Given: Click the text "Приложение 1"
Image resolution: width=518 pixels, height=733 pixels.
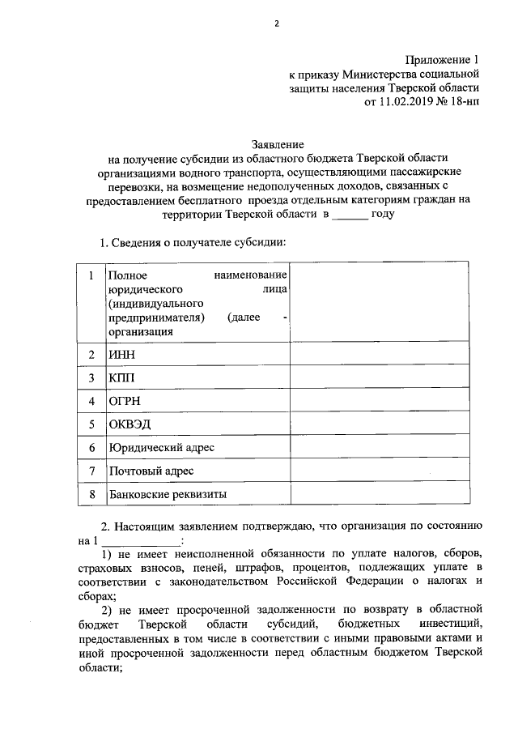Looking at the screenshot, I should [x=441, y=60].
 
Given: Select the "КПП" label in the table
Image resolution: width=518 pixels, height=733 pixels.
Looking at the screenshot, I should [x=121, y=377].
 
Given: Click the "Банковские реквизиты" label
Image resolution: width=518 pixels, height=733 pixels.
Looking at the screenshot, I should [x=168, y=493].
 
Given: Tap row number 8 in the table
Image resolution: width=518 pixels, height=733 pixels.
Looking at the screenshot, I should [x=91, y=493].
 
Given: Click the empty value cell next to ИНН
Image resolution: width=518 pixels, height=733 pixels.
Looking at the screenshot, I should [x=378, y=354].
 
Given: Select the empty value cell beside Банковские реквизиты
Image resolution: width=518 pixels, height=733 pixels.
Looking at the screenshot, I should [x=378, y=493].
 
